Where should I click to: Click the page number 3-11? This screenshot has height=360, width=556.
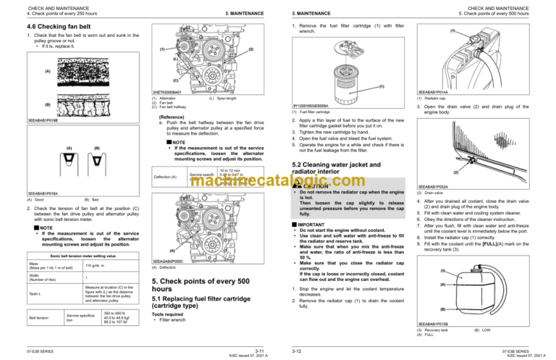coord(258,350)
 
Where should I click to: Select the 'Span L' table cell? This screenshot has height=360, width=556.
coord(36,272)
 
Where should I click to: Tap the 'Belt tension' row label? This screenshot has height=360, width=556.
coord(39,317)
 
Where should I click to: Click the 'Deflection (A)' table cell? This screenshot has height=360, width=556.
coord(168,176)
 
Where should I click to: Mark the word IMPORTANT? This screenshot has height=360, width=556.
coord(308,225)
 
